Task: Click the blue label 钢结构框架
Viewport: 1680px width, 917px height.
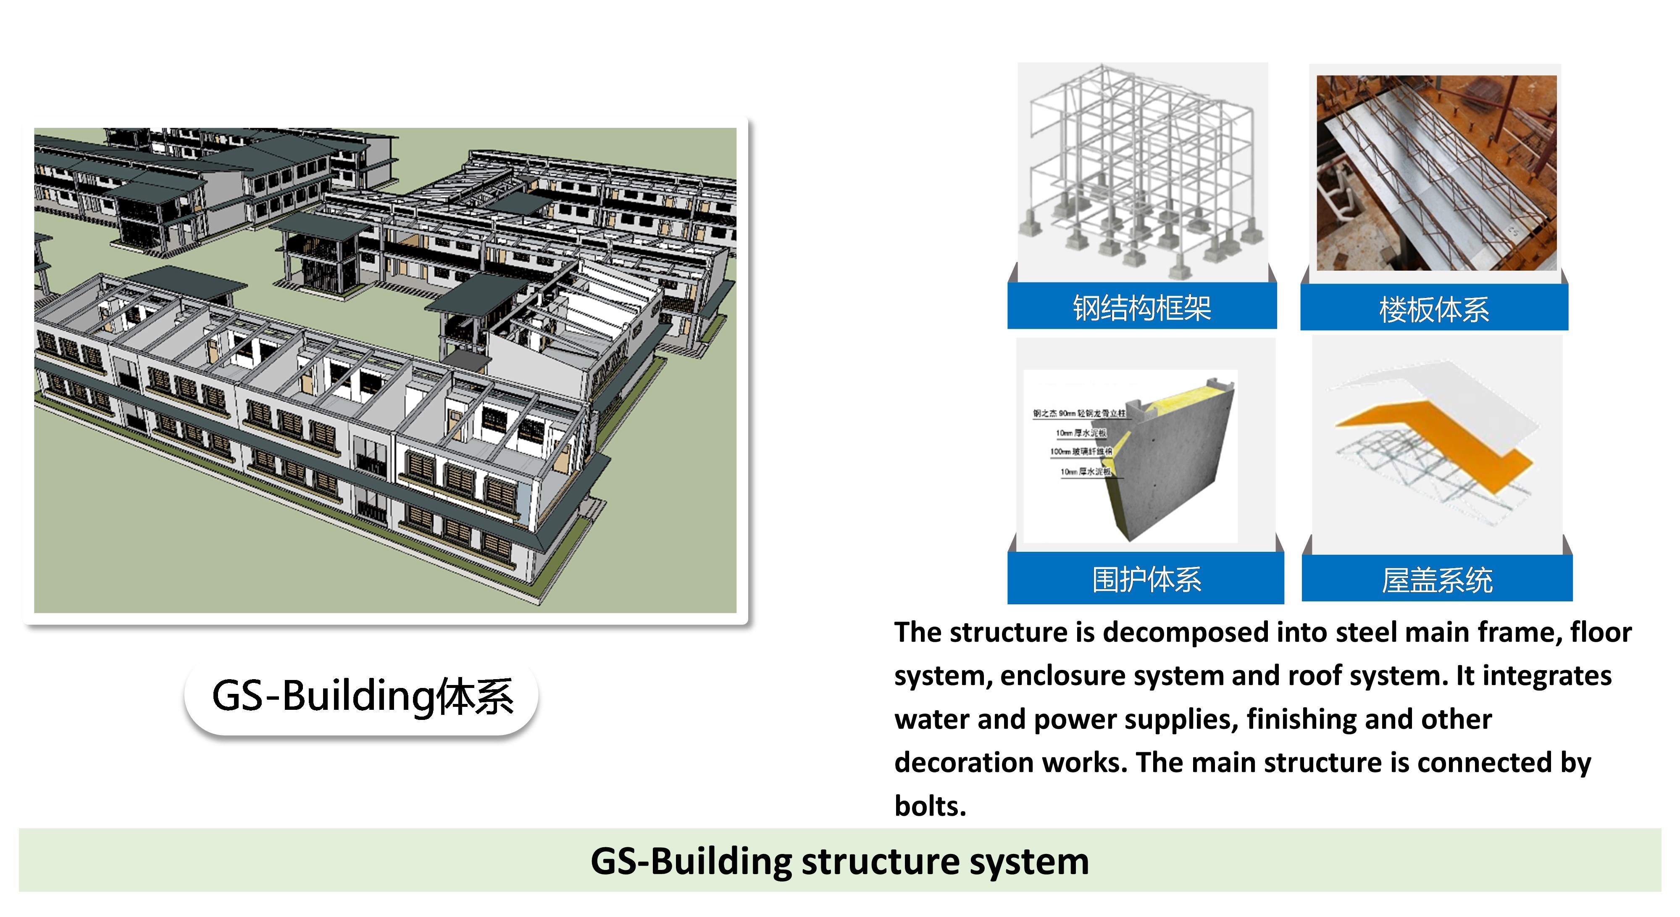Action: [x=1141, y=308]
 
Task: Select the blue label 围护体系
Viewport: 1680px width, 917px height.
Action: [x=1146, y=579]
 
